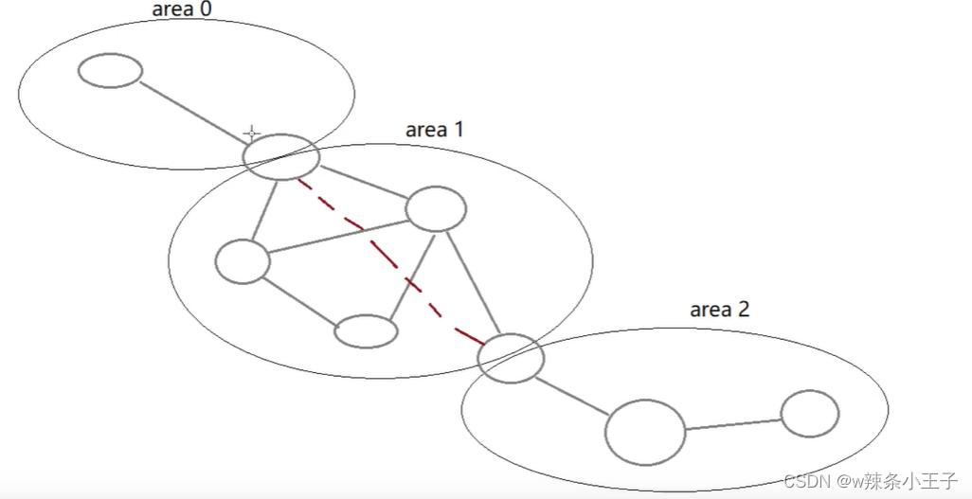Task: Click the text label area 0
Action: (183, 10)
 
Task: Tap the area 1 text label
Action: (434, 129)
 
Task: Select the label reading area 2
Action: (719, 310)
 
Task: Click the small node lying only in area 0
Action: (110, 70)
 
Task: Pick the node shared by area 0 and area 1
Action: (280, 156)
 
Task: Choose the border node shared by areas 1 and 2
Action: (511, 358)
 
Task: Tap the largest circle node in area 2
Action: (645, 432)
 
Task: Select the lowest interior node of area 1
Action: (366, 330)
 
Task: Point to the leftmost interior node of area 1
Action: (243, 261)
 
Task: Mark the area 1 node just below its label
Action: (436, 209)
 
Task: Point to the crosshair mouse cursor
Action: (251, 133)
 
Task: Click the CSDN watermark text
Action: (871, 480)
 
